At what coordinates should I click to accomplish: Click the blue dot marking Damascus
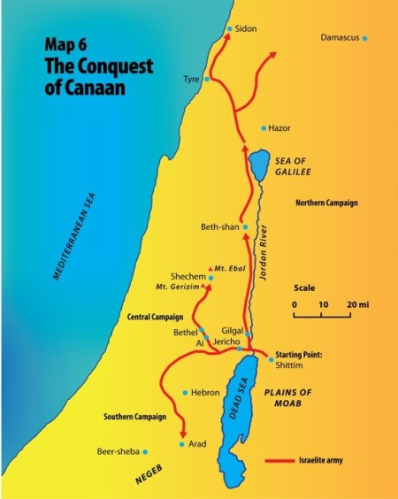[x=364, y=38]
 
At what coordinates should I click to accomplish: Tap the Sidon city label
[x=246, y=28]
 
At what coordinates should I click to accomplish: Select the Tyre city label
[x=191, y=79]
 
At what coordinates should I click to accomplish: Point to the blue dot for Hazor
[x=264, y=128]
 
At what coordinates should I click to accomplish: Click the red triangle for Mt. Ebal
[x=209, y=267]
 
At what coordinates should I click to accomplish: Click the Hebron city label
[x=205, y=392]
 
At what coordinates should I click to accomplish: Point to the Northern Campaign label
[x=327, y=203]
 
